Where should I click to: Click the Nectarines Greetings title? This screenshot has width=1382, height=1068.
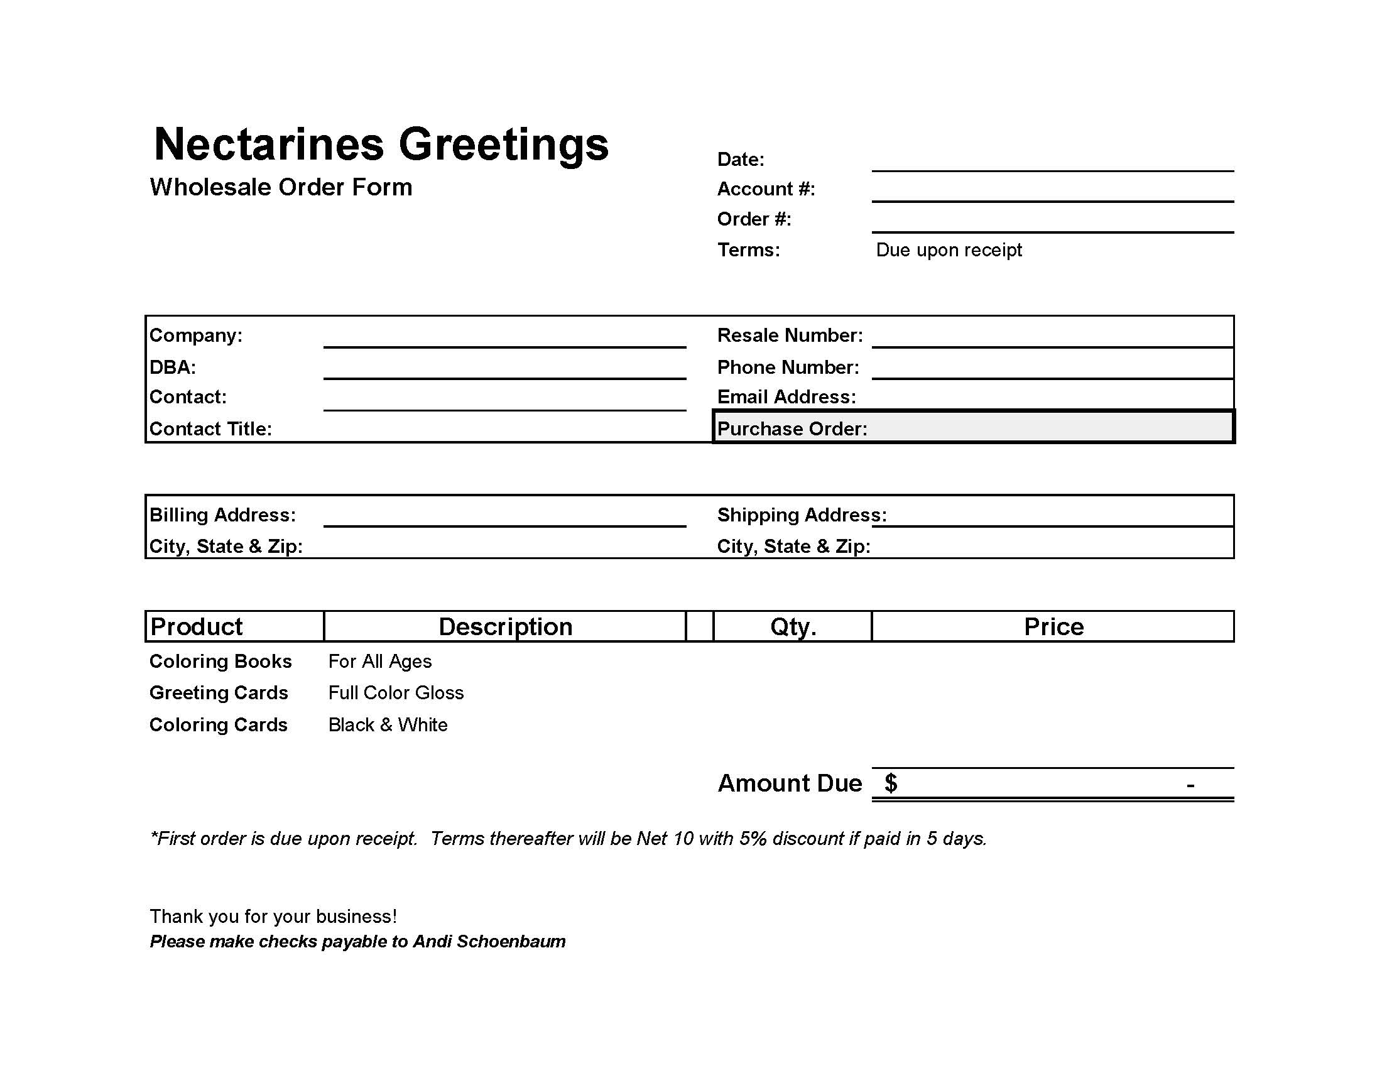(381, 144)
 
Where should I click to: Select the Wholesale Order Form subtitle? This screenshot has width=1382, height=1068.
(281, 187)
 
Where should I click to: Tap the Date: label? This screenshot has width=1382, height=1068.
(741, 160)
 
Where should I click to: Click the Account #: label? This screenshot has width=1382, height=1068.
(766, 189)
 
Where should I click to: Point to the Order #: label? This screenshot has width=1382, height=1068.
(754, 219)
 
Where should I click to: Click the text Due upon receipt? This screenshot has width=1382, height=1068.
(949, 250)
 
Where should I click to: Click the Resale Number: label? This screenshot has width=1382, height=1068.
(790, 335)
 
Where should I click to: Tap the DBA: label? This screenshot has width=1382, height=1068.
(173, 368)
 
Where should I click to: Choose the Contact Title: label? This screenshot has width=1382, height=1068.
(210, 429)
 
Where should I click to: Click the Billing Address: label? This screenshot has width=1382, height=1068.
(223, 515)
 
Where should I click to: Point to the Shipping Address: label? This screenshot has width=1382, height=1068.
(802, 515)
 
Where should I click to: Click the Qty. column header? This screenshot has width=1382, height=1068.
(793, 627)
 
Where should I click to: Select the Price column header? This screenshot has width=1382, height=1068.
(1053, 627)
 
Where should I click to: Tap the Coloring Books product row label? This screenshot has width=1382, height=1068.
(221, 662)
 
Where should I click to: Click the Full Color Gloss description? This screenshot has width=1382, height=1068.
(396, 693)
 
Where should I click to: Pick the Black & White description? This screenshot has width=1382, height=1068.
(388, 725)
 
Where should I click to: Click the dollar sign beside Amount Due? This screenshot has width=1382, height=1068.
(891, 783)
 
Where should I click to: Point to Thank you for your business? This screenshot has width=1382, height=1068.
(273, 917)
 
